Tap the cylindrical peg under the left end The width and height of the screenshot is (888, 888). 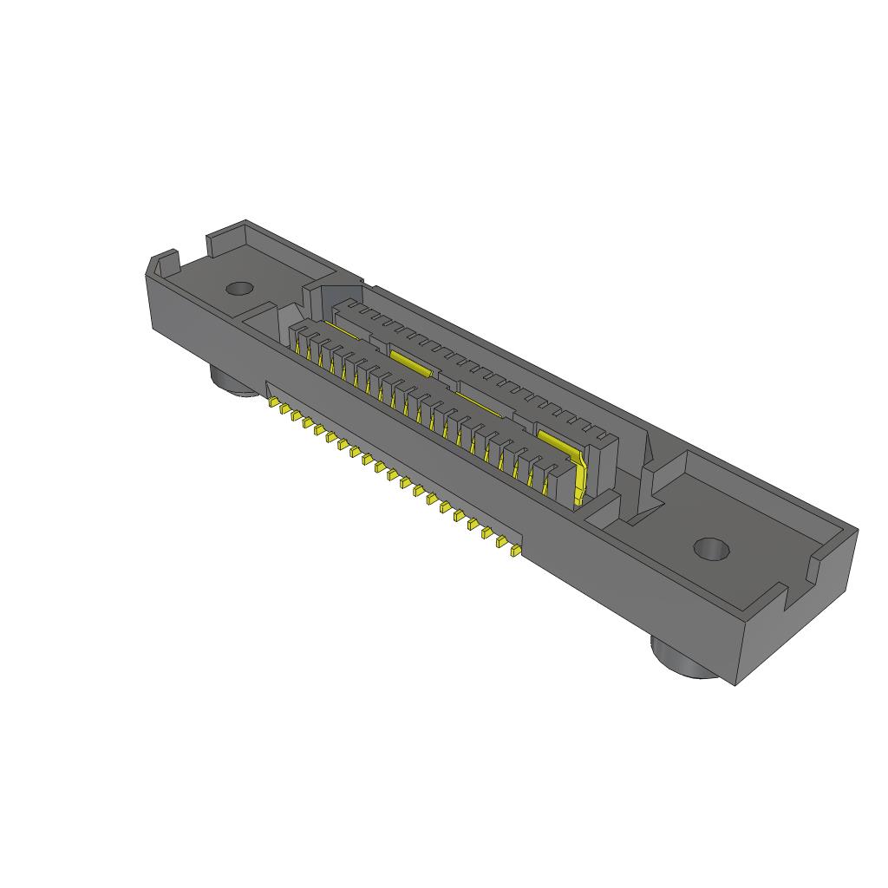[x=232, y=382]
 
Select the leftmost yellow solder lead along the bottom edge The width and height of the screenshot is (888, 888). [x=274, y=404]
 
